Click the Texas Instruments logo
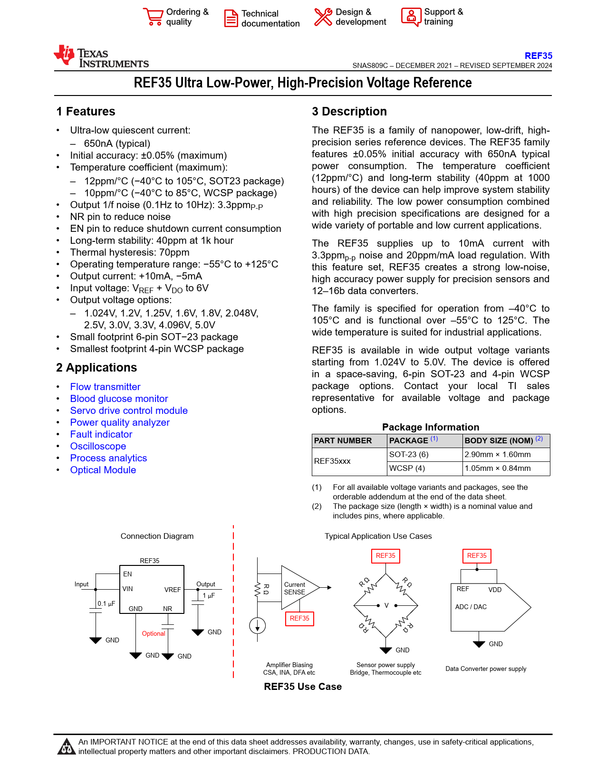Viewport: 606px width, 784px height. tap(101, 57)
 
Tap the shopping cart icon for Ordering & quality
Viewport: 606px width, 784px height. tap(153, 17)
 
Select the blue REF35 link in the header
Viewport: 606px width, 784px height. tap(538, 56)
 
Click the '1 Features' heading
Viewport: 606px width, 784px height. tap(86, 111)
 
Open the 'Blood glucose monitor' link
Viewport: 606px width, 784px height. tap(119, 399)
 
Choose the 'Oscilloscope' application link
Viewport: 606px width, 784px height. tap(98, 446)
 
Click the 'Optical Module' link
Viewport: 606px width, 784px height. tap(103, 470)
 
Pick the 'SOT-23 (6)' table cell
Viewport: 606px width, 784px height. tap(409, 454)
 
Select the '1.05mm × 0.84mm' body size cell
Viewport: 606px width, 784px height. tap(497, 468)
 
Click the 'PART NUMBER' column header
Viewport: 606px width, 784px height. tap(343, 440)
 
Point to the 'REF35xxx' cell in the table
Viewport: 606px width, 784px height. tap(332, 461)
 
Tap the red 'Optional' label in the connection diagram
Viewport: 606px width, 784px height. tap(154, 633)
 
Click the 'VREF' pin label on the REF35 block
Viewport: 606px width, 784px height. tap(173, 590)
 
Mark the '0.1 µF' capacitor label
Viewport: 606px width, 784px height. tap(106, 603)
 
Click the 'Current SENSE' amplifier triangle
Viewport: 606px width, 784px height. tap(297, 588)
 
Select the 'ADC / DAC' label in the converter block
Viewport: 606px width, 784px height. tap(471, 607)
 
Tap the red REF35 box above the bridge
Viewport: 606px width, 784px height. tap(385, 555)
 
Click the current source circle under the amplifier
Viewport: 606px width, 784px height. tap(257, 625)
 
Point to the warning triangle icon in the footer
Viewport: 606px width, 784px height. tap(66, 746)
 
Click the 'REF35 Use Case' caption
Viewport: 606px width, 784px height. tap(303, 687)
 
